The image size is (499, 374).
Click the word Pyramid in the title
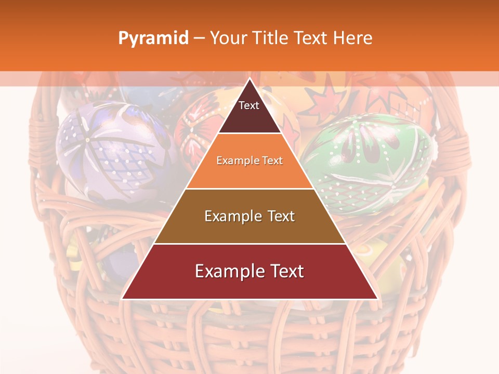point(153,38)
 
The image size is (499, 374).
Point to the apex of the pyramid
point(249,79)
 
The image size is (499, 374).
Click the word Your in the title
point(228,38)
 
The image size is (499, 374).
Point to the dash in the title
point(199,38)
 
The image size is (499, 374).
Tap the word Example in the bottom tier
point(229,271)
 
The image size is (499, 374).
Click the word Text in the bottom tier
point(284,271)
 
